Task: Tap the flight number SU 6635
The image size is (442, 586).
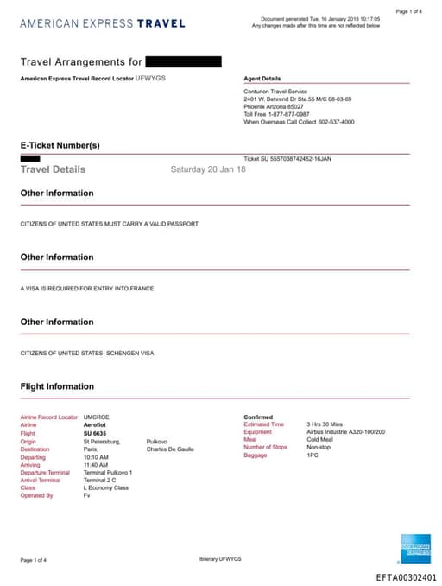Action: (x=94, y=433)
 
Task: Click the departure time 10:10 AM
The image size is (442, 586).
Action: (x=96, y=456)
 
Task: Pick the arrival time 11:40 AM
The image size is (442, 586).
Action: (x=96, y=464)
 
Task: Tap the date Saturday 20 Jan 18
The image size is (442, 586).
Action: (x=208, y=169)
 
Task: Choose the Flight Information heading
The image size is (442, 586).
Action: (x=57, y=386)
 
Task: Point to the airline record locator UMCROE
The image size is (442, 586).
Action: (x=97, y=417)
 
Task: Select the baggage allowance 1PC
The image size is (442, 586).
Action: (x=313, y=455)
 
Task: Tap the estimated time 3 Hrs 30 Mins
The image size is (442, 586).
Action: (x=325, y=424)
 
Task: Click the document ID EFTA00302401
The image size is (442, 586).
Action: (x=406, y=576)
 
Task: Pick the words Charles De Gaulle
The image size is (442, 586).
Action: (x=170, y=449)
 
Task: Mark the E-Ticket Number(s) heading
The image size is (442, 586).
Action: (x=60, y=145)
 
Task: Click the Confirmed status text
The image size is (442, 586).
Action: (x=258, y=417)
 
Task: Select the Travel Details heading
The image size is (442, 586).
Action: (x=54, y=169)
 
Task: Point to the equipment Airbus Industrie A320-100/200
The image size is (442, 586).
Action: (x=345, y=432)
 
